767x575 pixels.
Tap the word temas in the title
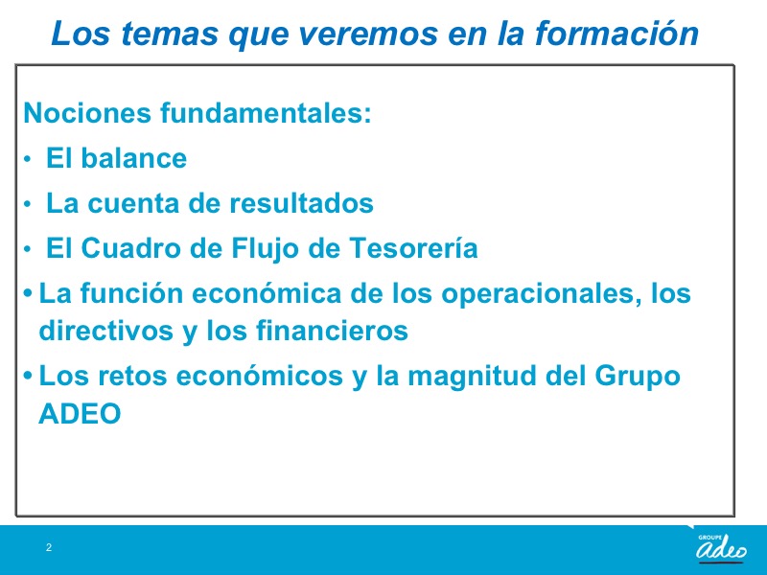click(x=169, y=34)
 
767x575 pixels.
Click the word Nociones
click(x=87, y=112)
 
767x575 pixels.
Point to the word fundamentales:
click(x=266, y=112)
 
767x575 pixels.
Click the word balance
click(x=133, y=158)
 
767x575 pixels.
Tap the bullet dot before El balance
click(x=28, y=159)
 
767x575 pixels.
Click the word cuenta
click(x=133, y=204)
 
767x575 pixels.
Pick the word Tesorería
click(x=413, y=247)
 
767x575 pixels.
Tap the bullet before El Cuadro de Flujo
click(x=28, y=249)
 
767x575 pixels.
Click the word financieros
click(x=332, y=330)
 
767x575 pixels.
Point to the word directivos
click(x=106, y=330)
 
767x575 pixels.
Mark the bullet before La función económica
click(x=29, y=293)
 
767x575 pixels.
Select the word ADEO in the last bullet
click(x=80, y=414)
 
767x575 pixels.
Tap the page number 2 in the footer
click(x=49, y=547)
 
